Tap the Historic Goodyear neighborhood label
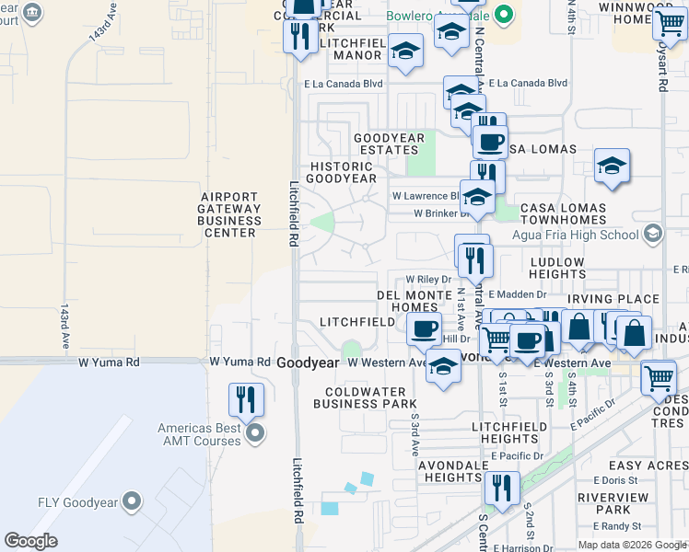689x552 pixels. pyautogui.click(x=341, y=171)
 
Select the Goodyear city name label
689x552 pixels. pyautogui.click(x=308, y=363)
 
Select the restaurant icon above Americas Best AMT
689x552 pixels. pyautogui.click(x=247, y=398)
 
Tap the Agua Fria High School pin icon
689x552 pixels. pyautogui.click(x=653, y=233)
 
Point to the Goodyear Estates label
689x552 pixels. pyautogui.click(x=390, y=144)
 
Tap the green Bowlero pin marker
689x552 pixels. pyautogui.click(x=503, y=15)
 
